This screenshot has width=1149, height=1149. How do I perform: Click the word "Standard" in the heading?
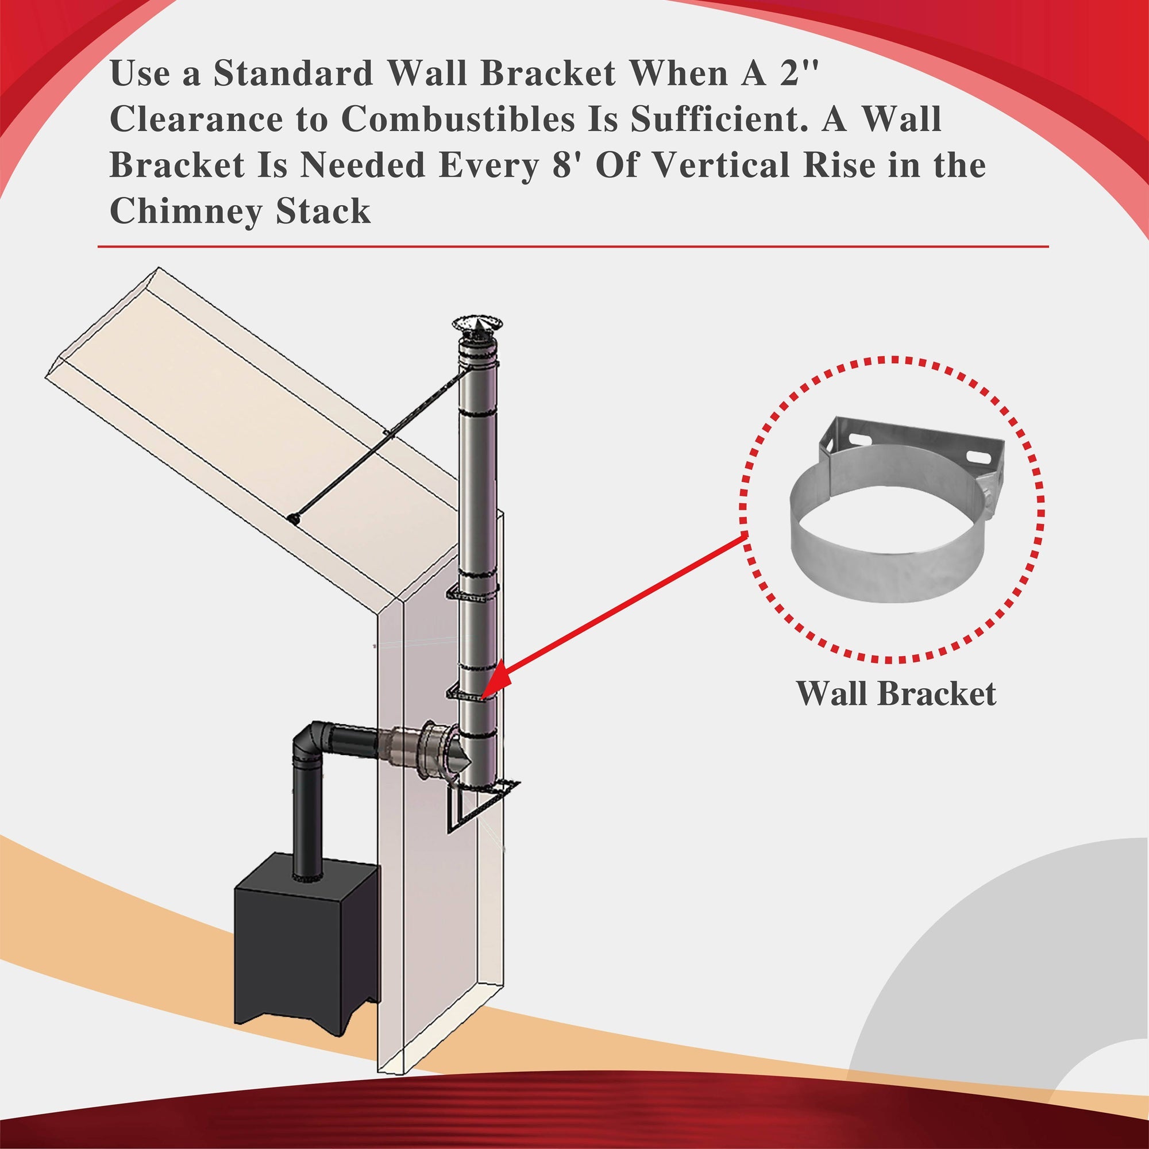[x=292, y=74]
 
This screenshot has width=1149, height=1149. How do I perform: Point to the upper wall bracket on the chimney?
[x=472, y=593]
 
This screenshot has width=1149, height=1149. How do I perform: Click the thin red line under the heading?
[x=573, y=246]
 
